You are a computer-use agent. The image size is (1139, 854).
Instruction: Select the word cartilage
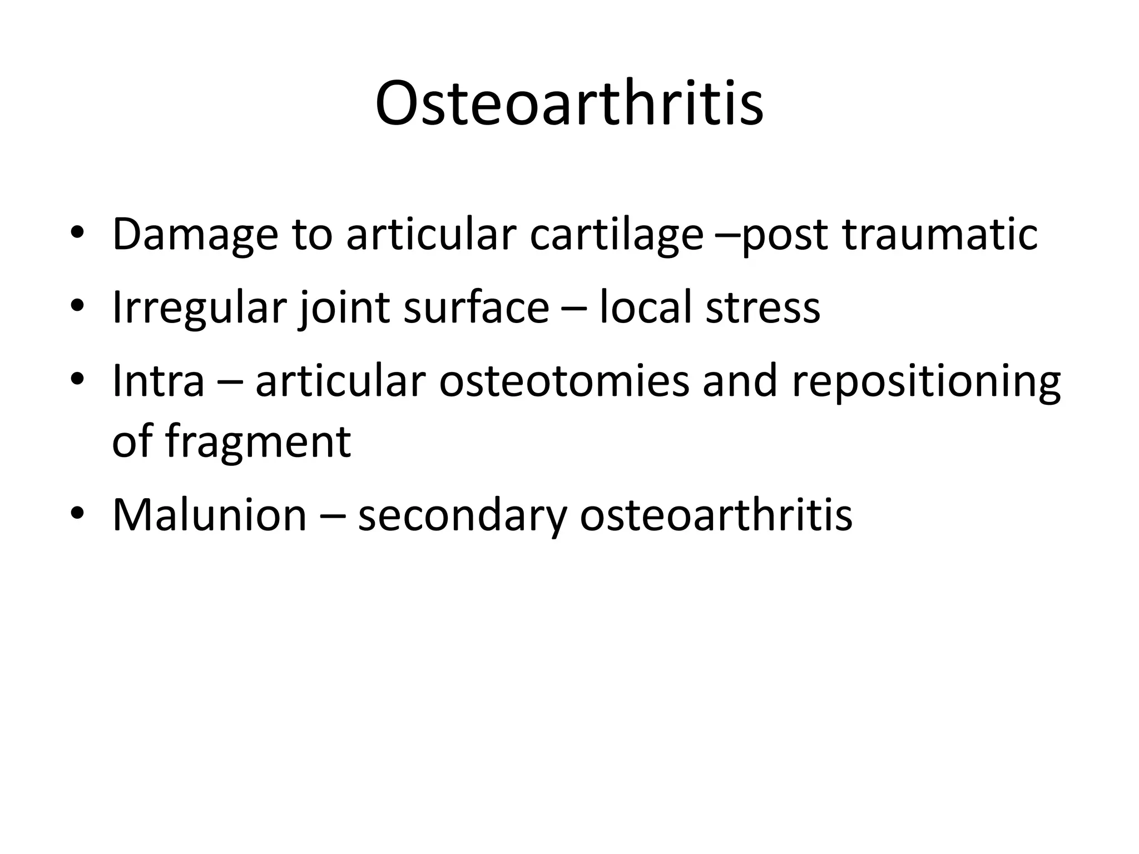(x=616, y=235)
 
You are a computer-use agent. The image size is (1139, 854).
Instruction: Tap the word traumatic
(x=939, y=235)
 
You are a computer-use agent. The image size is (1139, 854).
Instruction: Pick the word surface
(x=476, y=308)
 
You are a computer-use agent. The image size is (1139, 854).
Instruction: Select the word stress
(x=762, y=308)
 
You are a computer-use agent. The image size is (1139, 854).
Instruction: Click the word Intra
(x=159, y=381)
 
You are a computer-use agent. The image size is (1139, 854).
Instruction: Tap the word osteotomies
(x=564, y=381)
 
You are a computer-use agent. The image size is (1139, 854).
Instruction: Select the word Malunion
(x=209, y=515)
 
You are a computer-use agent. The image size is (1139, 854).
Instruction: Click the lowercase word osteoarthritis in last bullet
(x=716, y=515)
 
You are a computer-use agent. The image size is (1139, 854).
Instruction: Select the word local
(x=646, y=308)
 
